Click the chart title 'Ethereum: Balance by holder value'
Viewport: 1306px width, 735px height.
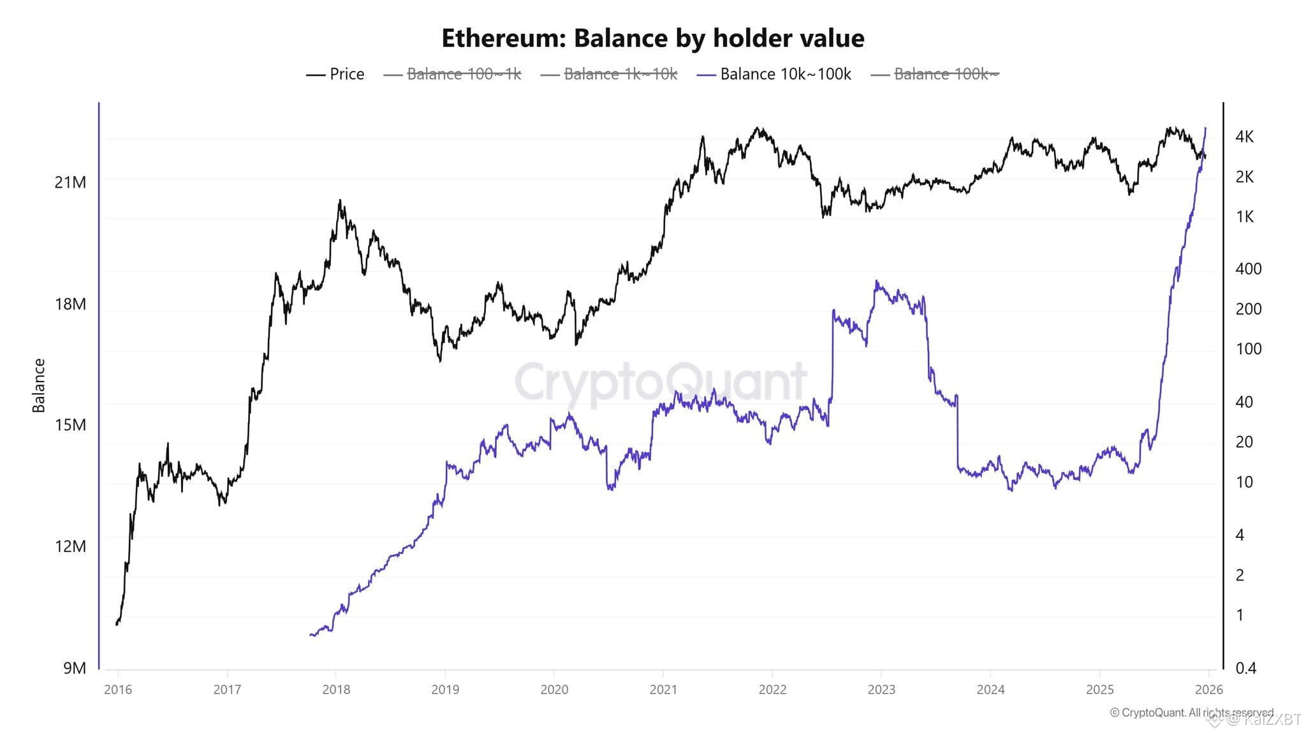652,38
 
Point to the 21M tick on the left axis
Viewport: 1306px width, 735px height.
70,182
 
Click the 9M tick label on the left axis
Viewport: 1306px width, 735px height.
74,668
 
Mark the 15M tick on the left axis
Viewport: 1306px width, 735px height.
70,425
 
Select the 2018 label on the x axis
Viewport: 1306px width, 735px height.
336,690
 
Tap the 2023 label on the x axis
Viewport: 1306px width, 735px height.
881,690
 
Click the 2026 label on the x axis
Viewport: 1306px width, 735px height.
1208,690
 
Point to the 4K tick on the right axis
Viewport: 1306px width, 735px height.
1244,137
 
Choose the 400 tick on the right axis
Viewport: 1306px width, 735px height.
1248,269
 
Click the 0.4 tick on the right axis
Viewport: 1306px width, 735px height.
1246,668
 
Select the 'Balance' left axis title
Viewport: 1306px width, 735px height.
39,385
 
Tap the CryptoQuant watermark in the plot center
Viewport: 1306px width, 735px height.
661,382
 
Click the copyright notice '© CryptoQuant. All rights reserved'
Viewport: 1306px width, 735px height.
1191,713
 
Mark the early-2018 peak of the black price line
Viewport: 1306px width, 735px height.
340,200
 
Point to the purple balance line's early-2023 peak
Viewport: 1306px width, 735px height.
877,281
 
